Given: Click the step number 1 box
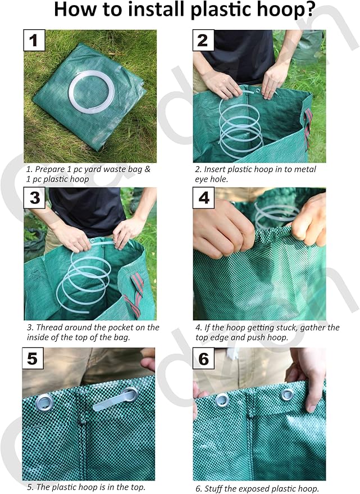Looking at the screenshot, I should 34,40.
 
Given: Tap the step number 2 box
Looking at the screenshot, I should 203,40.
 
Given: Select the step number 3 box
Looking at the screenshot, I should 35,198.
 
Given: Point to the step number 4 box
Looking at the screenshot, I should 203,198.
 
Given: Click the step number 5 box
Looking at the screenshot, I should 33,358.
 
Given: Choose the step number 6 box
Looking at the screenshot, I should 203,358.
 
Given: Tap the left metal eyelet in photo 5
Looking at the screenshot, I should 44,401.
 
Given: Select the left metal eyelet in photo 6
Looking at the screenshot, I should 222,400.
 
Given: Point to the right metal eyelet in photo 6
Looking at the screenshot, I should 288,394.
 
